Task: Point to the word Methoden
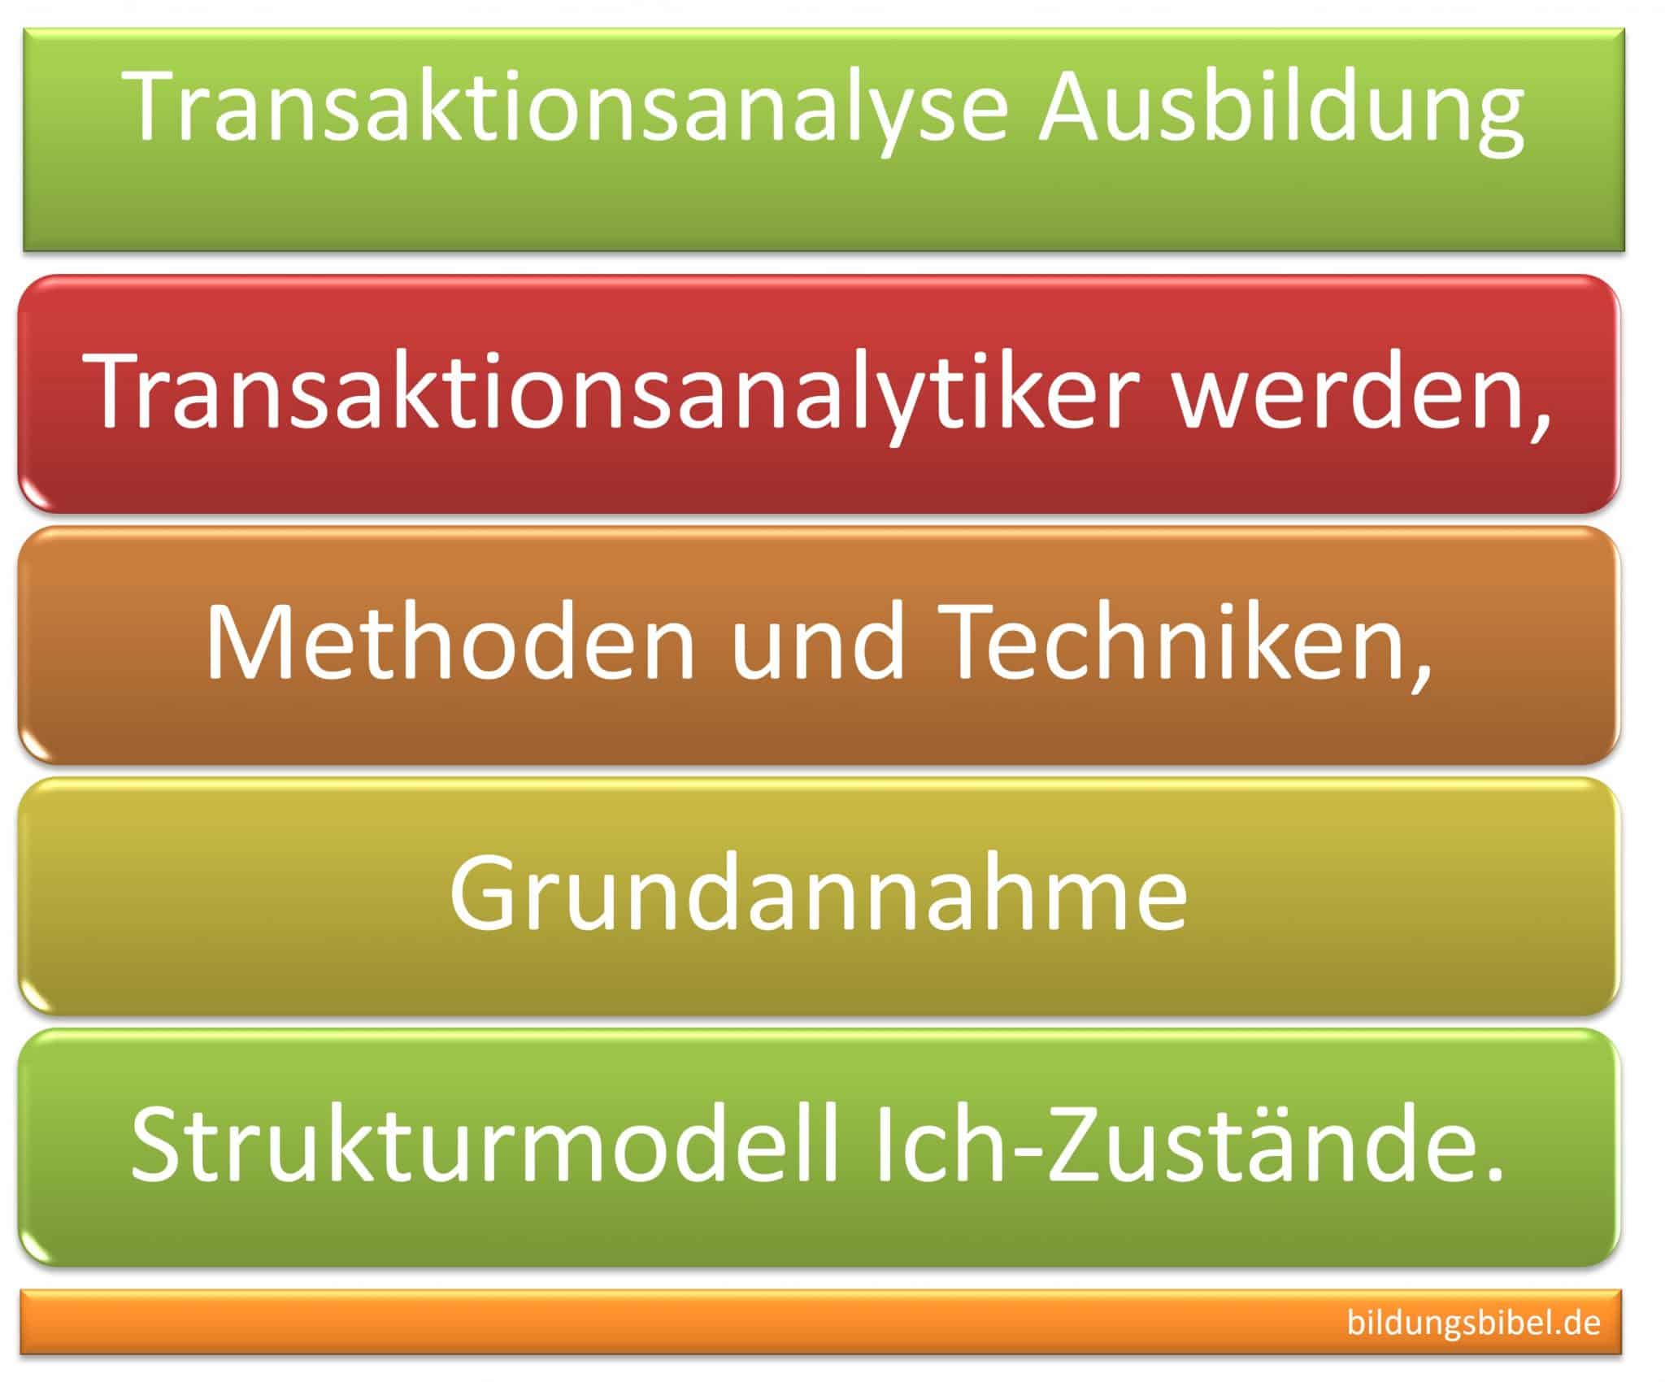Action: click(x=450, y=644)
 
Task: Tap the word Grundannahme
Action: click(x=818, y=894)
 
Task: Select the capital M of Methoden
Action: click(x=241, y=644)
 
